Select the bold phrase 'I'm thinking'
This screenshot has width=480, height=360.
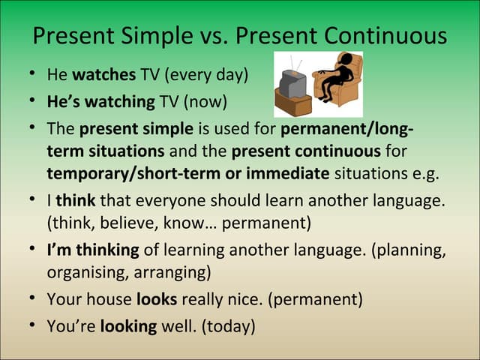coord(92,250)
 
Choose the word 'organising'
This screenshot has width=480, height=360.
coord(83,272)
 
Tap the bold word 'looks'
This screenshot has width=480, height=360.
coord(156,299)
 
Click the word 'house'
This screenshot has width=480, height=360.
coord(110,299)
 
